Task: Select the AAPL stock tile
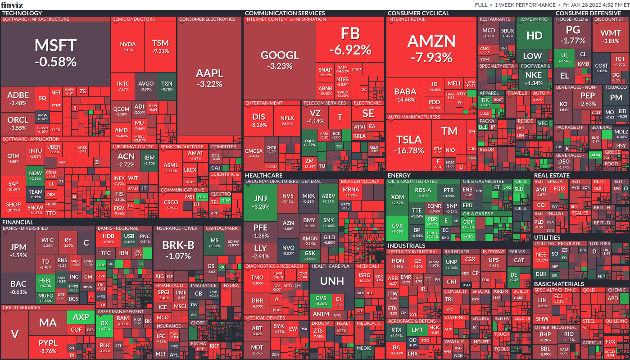point(209,78)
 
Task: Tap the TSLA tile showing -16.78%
point(409,144)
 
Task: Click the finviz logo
point(11,5)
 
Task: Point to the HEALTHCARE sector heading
point(264,175)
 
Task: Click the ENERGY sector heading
point(399,175)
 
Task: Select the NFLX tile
point(287,121)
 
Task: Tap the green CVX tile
point(397,228)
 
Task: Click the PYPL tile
point(48,347)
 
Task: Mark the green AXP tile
point(81,317)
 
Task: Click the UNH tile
point(332,282)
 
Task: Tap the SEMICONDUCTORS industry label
point(134,19)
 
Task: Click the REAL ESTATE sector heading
point(552,175)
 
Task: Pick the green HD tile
point(534,36)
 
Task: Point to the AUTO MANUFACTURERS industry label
point(414,117)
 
